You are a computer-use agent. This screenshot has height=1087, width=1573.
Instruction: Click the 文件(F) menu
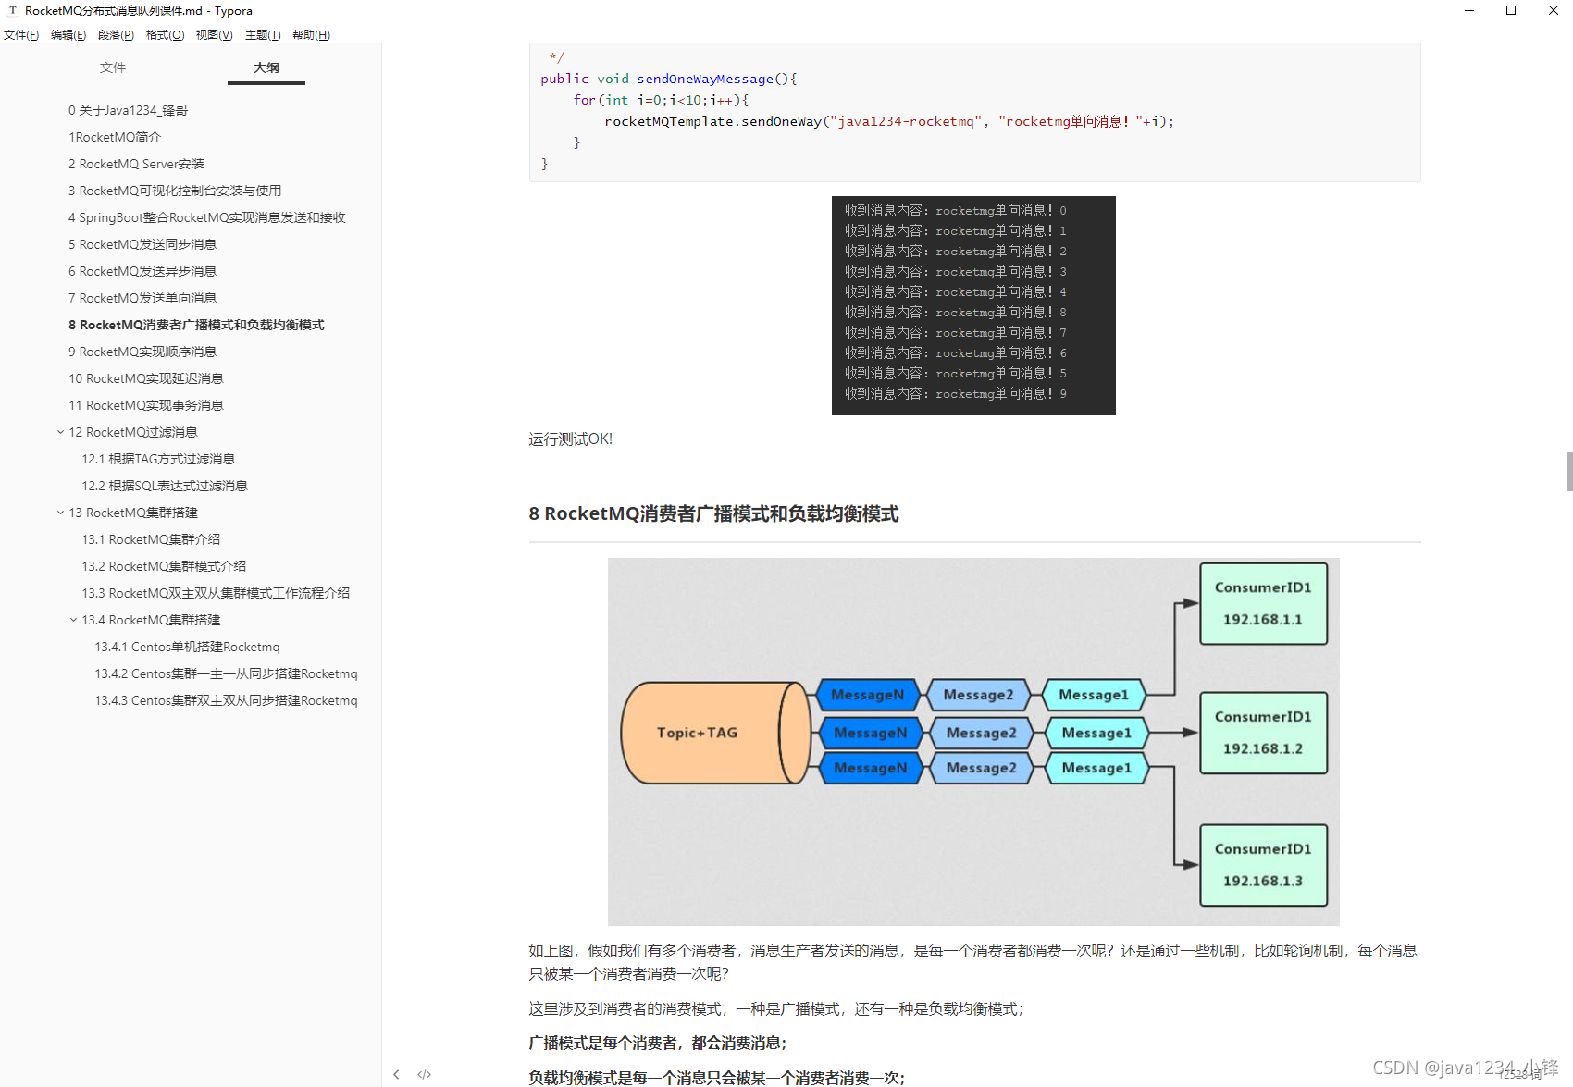coord(20,35)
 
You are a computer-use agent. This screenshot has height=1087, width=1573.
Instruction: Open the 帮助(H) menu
coord(311,35)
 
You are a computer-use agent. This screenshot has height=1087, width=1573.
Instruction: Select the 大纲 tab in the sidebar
coord(266,68)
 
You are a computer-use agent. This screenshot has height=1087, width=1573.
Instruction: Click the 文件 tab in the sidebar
coord(113,68)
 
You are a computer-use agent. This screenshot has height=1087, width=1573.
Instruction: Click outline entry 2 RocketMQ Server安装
coord(136,164)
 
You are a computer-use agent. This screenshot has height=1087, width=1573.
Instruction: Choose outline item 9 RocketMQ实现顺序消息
coord(142,352)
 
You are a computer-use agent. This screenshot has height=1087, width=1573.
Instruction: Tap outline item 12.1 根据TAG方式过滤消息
coord(158,459)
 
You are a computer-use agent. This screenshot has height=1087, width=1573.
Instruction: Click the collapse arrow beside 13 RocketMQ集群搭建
coord(61,513)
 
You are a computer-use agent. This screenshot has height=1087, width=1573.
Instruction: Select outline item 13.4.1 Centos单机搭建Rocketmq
coord(187,647)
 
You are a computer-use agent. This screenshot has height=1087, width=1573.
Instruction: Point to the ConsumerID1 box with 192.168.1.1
coord(1263,603)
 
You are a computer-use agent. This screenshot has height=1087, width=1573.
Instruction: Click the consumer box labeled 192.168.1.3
coord(1263,865)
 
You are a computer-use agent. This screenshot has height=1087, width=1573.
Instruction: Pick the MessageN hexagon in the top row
coord(867,695)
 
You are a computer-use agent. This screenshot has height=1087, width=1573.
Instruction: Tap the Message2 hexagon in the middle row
coord(981,733)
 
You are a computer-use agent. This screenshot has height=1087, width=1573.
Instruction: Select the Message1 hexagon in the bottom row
coord(1096,768)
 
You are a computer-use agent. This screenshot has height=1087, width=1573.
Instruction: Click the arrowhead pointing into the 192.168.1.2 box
coord(1190,733)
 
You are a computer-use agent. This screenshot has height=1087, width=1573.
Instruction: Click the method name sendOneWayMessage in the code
coord(704,79)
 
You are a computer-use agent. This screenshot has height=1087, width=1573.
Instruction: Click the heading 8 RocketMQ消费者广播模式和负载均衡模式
coord(713,513)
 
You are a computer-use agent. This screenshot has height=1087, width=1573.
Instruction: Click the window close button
coord(1553,10)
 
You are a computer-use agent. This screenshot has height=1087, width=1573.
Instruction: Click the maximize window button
coord(1511,10)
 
